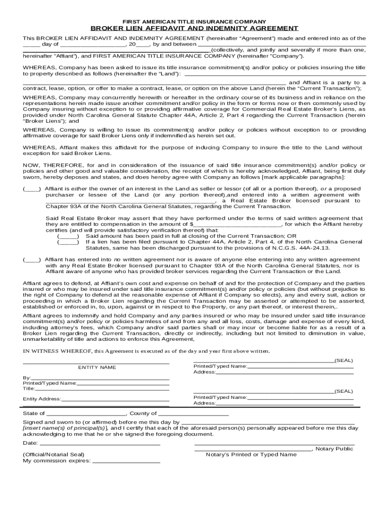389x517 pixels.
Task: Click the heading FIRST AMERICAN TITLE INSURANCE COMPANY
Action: (x=194, y=22)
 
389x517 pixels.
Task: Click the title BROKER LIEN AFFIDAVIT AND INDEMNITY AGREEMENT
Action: (x=194, y=28)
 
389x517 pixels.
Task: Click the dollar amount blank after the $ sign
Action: (x=238, y=225)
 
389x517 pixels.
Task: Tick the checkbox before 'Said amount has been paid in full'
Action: (x=68, y=236)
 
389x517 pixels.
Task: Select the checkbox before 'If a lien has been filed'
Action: (x=68, y=242)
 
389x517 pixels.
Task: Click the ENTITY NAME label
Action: (x=97, y=368)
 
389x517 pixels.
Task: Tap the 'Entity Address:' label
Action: (x=41, y=399)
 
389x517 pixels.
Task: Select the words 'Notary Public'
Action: (x=334, y=449)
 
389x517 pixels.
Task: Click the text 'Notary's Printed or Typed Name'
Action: (x=251, y=454)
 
